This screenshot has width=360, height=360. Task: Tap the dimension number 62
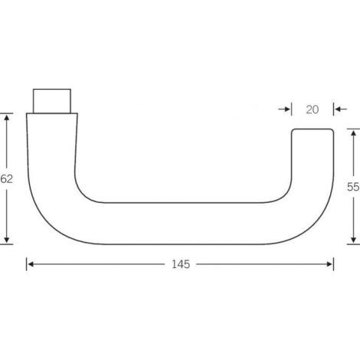[x=7, y=178]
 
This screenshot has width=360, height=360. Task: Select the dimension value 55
[x=352, y=185]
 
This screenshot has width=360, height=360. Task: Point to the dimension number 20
[x=312, y=110]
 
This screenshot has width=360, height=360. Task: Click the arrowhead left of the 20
[x=289, y=110]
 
